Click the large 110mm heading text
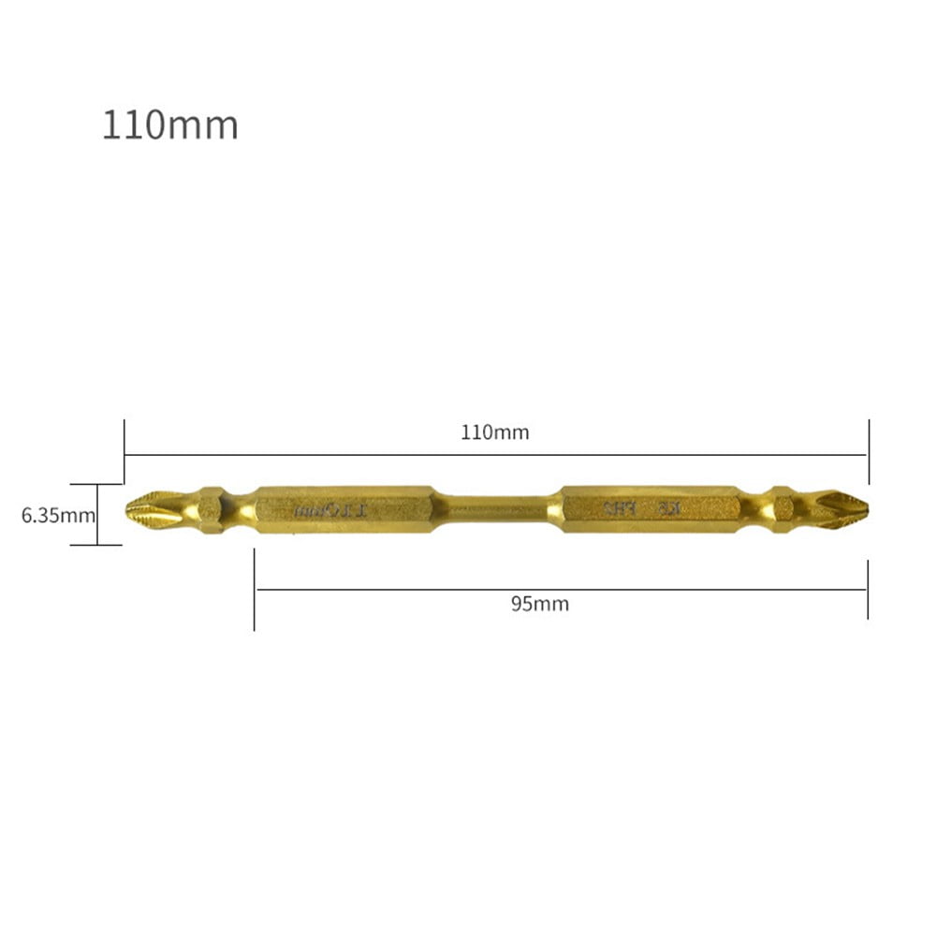(169, 124)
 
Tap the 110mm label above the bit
(494, 432)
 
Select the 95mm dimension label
(539, 604)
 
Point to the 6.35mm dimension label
(58, 514)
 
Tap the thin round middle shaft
(496, 509)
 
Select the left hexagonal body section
(344, 509)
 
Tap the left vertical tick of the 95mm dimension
(254, 590)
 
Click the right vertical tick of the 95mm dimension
(868, 590)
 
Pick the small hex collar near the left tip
(211, 509)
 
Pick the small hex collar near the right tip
(783, 509)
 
